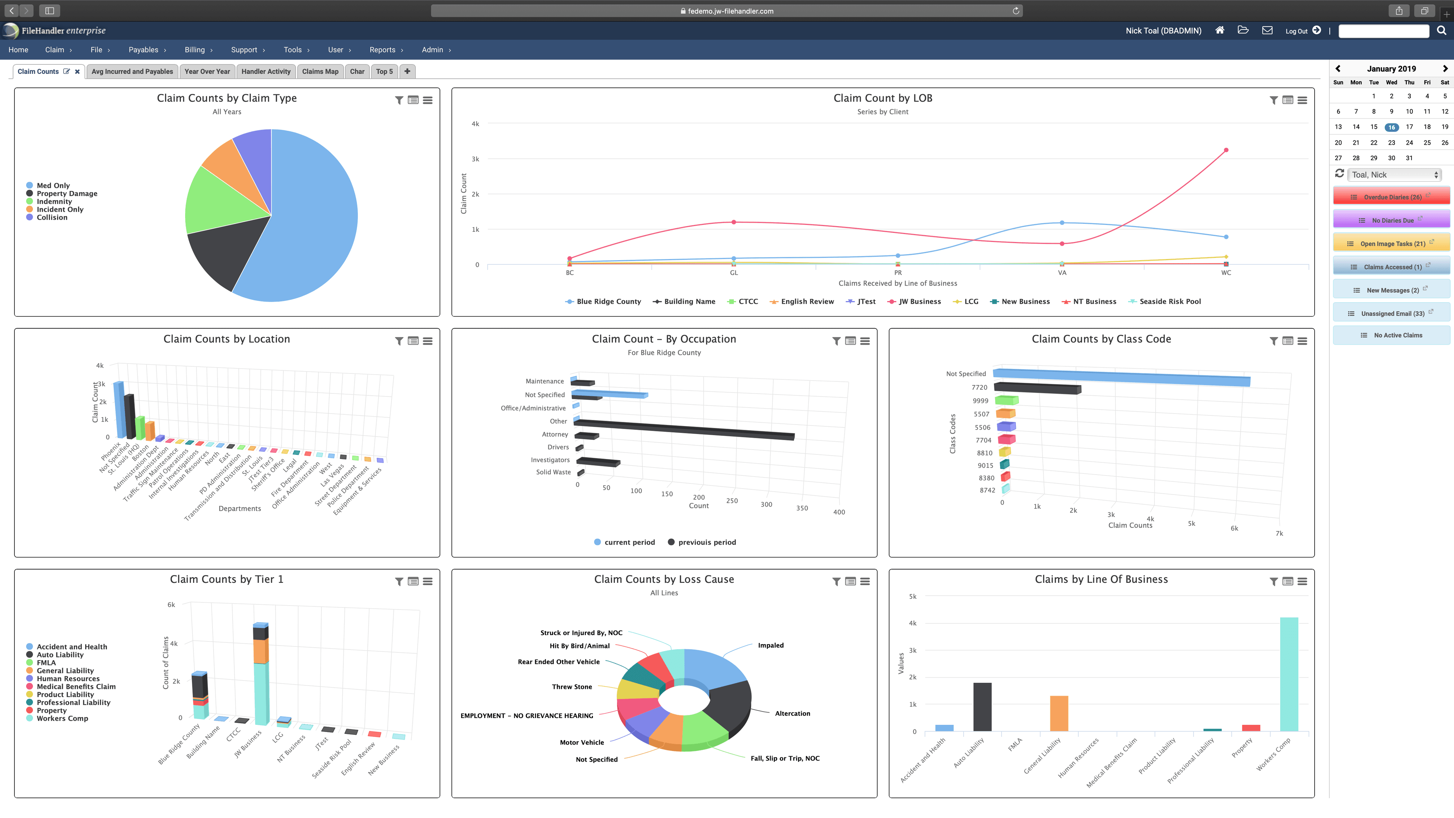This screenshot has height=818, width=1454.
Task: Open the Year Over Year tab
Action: (207, 72)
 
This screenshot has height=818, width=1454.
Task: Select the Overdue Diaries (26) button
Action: (1392, 197)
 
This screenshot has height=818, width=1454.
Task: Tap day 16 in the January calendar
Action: (1392, 127)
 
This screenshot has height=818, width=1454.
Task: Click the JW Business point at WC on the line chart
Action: (1226, 150)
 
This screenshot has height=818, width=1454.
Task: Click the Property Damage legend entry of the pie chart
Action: (67, 194)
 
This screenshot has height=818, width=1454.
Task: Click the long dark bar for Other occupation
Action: (683, 429)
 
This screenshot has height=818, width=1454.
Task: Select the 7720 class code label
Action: (979, 387)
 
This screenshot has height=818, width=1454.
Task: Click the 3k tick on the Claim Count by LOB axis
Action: (475, 159)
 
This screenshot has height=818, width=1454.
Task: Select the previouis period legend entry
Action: (707, 542)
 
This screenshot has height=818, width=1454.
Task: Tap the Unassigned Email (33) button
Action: (1392, 313)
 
